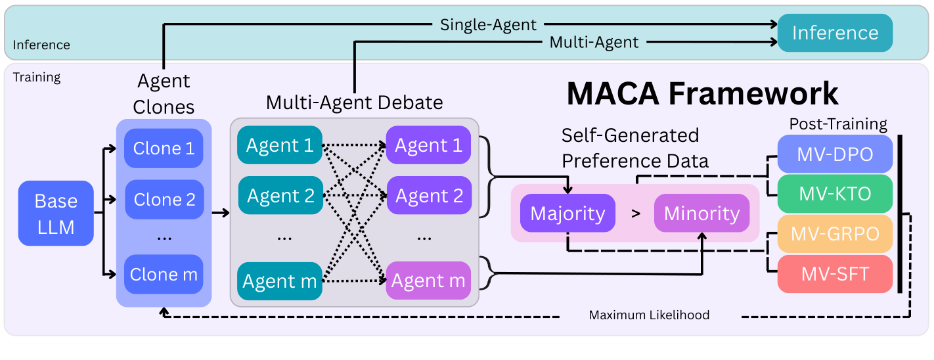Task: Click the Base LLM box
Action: coord(56,214)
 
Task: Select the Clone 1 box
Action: coord(164,148)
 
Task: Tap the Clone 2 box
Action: coord(164,199)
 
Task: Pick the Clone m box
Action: coord(164,274)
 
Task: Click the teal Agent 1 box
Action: coord(280,145)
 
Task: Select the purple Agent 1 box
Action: coord(428,145)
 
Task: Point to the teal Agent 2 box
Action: coord(280,195)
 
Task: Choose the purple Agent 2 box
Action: coord(428,195)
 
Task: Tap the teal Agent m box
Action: coord(280,281)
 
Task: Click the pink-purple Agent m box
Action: coord(428,281)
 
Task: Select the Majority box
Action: coord(567,214)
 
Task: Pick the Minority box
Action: coord(701,214)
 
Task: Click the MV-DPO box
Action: coord(835,154)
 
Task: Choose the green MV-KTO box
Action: coord(835,194)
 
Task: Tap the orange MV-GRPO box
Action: coord(835,234)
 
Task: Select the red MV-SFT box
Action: coord(835,273)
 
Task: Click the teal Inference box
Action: coord(835,33)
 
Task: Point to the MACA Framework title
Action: coord(702,93)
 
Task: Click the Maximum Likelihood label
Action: coord(649,315)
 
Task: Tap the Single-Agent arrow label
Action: coord(488,25)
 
